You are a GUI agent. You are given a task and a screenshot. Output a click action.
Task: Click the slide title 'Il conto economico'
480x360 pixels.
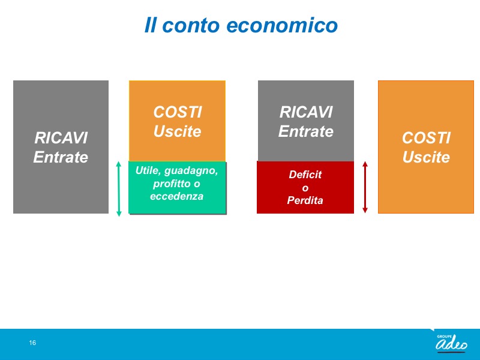241,25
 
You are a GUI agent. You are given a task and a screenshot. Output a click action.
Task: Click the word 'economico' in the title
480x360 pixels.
282,25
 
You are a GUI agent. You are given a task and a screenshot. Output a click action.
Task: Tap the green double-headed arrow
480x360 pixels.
119,188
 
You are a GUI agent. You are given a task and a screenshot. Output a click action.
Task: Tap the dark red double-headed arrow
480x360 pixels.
365,187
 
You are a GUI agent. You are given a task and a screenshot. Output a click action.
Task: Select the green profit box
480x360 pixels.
177,187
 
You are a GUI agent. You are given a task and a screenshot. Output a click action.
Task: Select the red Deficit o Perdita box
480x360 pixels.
305,187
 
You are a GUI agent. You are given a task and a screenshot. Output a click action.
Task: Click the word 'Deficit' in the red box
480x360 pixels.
305,175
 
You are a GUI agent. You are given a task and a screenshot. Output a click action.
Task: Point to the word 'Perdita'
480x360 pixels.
305,200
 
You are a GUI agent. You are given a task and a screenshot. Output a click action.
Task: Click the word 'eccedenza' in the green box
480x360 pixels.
176,196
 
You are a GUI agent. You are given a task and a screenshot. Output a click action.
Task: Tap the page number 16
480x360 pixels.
32,343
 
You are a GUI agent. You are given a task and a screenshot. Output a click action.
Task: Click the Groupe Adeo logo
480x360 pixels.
451,343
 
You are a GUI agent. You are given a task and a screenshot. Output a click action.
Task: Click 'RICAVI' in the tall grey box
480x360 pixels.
61,138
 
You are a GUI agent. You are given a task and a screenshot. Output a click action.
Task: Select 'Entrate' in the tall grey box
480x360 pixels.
61,157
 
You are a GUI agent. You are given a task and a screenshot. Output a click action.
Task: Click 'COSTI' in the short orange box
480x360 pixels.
178,112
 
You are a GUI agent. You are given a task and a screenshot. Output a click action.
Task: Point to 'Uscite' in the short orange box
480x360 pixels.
177,131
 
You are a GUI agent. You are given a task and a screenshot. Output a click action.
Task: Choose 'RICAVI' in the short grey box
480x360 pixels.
306,112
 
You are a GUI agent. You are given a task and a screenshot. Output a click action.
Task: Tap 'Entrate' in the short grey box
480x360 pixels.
306,131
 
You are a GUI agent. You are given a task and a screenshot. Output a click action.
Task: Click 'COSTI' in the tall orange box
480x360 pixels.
426,138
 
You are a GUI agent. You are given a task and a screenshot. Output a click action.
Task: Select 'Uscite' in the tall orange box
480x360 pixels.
426,157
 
